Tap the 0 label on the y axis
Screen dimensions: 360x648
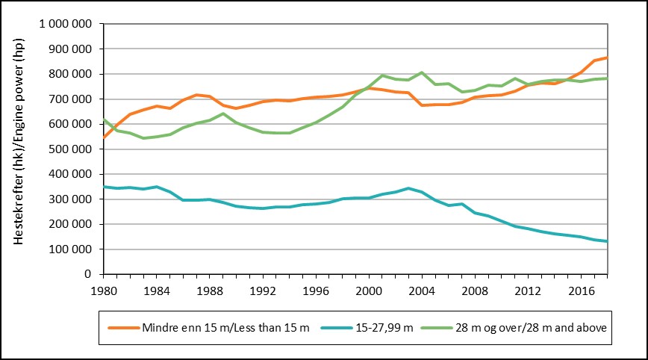(x=88, y=274)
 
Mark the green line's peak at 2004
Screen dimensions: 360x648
(x=423, y=72)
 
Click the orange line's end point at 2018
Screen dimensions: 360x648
(x=608, y=58)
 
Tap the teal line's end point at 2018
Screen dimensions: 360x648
(x=608, y=241)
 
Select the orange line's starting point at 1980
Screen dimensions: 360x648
(x=103, y=137)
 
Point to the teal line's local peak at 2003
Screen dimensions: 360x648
(x=409, y=188)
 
